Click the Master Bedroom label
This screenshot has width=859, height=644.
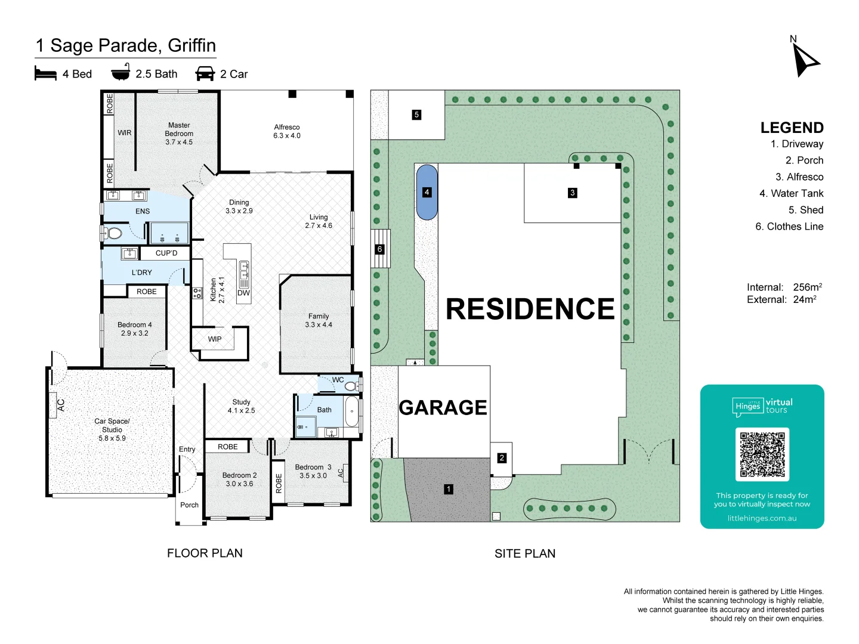(179, 134)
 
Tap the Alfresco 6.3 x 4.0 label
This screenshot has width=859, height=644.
(287, 131)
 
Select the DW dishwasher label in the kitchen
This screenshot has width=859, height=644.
(243, 293)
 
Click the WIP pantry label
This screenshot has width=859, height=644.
(215, 339)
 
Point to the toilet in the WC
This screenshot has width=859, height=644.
(351, 386)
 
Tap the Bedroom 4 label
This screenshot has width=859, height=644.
(135, 329)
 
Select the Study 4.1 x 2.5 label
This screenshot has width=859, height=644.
(241, 406)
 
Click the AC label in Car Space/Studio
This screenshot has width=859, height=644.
(60, 405)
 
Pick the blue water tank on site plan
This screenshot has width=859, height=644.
(427, 192)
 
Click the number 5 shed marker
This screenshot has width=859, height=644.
(416, 114)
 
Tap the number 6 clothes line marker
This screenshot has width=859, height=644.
(379, 249)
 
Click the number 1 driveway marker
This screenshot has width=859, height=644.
(449, 489)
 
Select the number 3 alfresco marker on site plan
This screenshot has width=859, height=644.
(572, 193)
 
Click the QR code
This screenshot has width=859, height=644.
(762, 454)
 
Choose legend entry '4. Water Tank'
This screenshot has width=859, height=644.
(791, 193)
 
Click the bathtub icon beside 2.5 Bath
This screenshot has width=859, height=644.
(120, 73)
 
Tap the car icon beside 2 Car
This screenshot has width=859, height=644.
(205, 73)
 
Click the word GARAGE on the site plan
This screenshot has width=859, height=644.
(443, 407)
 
